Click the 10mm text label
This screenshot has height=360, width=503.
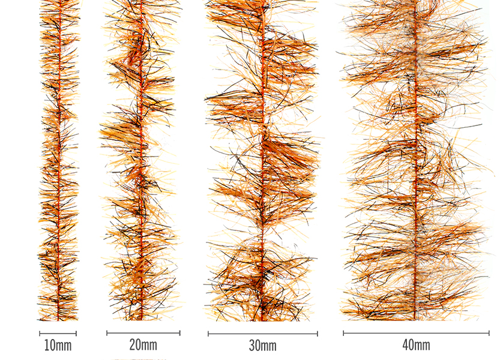(x=58, y=346)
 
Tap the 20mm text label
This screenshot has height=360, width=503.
(x=143, y=345)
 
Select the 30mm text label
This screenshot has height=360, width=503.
(x=263, y=346)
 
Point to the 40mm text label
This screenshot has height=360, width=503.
(x=416, y=345)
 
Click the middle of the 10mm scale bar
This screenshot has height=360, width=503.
(x=58, y=333)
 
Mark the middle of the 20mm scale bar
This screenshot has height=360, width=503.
(x=143, y=332)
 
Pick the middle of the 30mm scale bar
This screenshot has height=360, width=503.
(x=263, y=334)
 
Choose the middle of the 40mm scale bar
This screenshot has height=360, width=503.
(x=416, y=332)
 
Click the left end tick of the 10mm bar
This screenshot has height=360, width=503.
(x=40, y=333)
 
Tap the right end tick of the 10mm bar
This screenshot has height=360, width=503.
(x=76, y=333)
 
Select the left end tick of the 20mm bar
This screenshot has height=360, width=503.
(x=107, y=332)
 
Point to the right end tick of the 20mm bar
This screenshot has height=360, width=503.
(x=179, y=332)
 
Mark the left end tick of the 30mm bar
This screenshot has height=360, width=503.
(x=208, y=334)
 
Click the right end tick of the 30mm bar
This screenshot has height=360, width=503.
(x=318, y=334)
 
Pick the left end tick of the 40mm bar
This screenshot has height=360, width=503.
(x=343, y=332)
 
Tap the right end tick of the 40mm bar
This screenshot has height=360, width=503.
(x=489, y=332)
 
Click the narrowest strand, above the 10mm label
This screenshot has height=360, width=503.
(x=59, y=162)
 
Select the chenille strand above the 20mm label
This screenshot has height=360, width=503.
(x=140, y=162)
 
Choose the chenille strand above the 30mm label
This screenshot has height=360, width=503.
(x=263, y=162)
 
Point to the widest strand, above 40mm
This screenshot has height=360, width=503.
(x=415, y=162)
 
